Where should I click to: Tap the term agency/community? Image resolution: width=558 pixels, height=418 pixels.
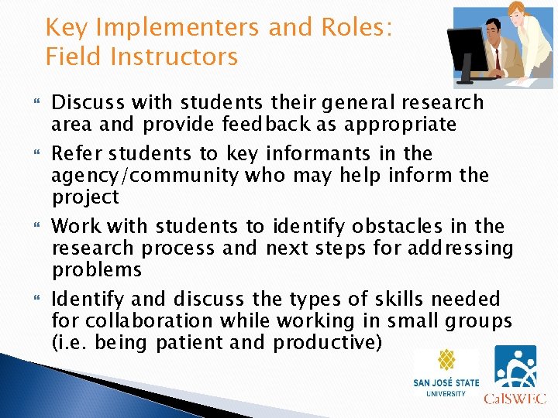coord(145,175)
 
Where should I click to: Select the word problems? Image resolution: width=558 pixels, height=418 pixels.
coord(97,269)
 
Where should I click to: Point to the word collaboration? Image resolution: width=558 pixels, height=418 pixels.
coord(147,320)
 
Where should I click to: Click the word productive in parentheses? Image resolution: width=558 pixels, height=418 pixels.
coord(328,342)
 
